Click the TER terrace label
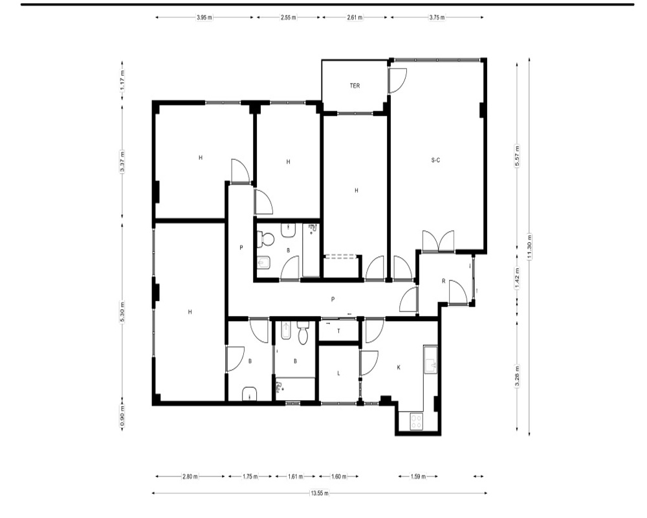tap(355, 86)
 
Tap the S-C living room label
tap(435, 160)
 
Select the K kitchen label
tap(399, 367)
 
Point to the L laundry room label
tap(339, 374)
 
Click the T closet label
tap(339, 331)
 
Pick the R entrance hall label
tap(444, 281)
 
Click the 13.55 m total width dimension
tap(320, 493)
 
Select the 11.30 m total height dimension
tap(529, 247)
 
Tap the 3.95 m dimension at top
tap(204, 17)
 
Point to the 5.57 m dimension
tap(517, 156)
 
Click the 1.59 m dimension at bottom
tap(418, 477)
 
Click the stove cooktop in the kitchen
tap(417, 422)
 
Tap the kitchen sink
tap(430, 360)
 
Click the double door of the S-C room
tap(438, 241)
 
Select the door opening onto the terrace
tap(398, 80)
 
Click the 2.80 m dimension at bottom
tap(190, 477)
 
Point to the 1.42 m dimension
tap(517, 278)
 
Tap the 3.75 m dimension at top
tap(437, 17)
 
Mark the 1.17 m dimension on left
tap(122, 81)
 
